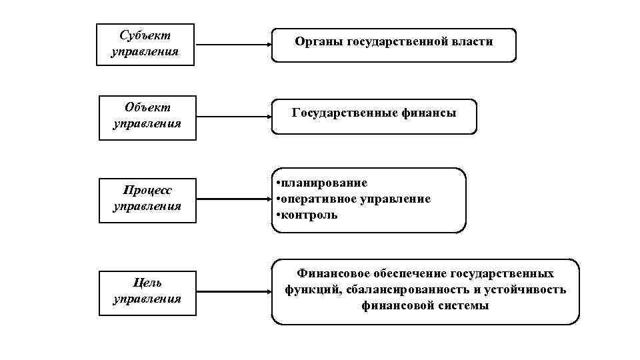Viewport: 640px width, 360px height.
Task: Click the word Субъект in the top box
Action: pyautogui.click(x=145, y=35)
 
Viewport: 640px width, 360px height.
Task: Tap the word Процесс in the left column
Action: pyautogui.click(x=148, y=191)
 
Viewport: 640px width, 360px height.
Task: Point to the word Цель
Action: pyautogui.click(x=147, y=283)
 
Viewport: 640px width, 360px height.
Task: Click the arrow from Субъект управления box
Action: pyautogui.click(x=233, y=45)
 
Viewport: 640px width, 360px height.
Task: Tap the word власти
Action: pyautogui.click(x=471, y=42)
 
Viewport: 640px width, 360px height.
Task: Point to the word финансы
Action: pyautogui.click(x=429, y=113)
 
